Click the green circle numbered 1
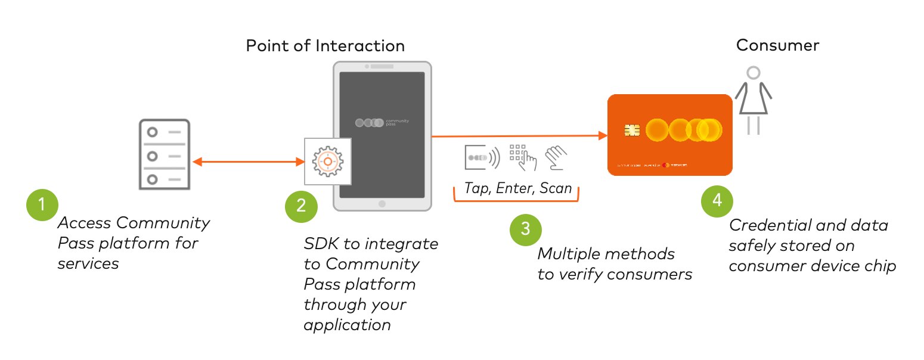click(x=41, y=205)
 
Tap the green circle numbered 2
click(x=301, y=206)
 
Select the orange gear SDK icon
click(x=327, y=161)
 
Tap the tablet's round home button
click(x=382, y=204)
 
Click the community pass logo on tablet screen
click(x=382, y=123)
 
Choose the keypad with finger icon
click(x=523, y=157)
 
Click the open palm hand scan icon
click(x=556, y=157)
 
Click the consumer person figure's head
click(x=754, y=73)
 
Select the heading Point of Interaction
click(x=325, y=46)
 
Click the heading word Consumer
click(x=777, y=45)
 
